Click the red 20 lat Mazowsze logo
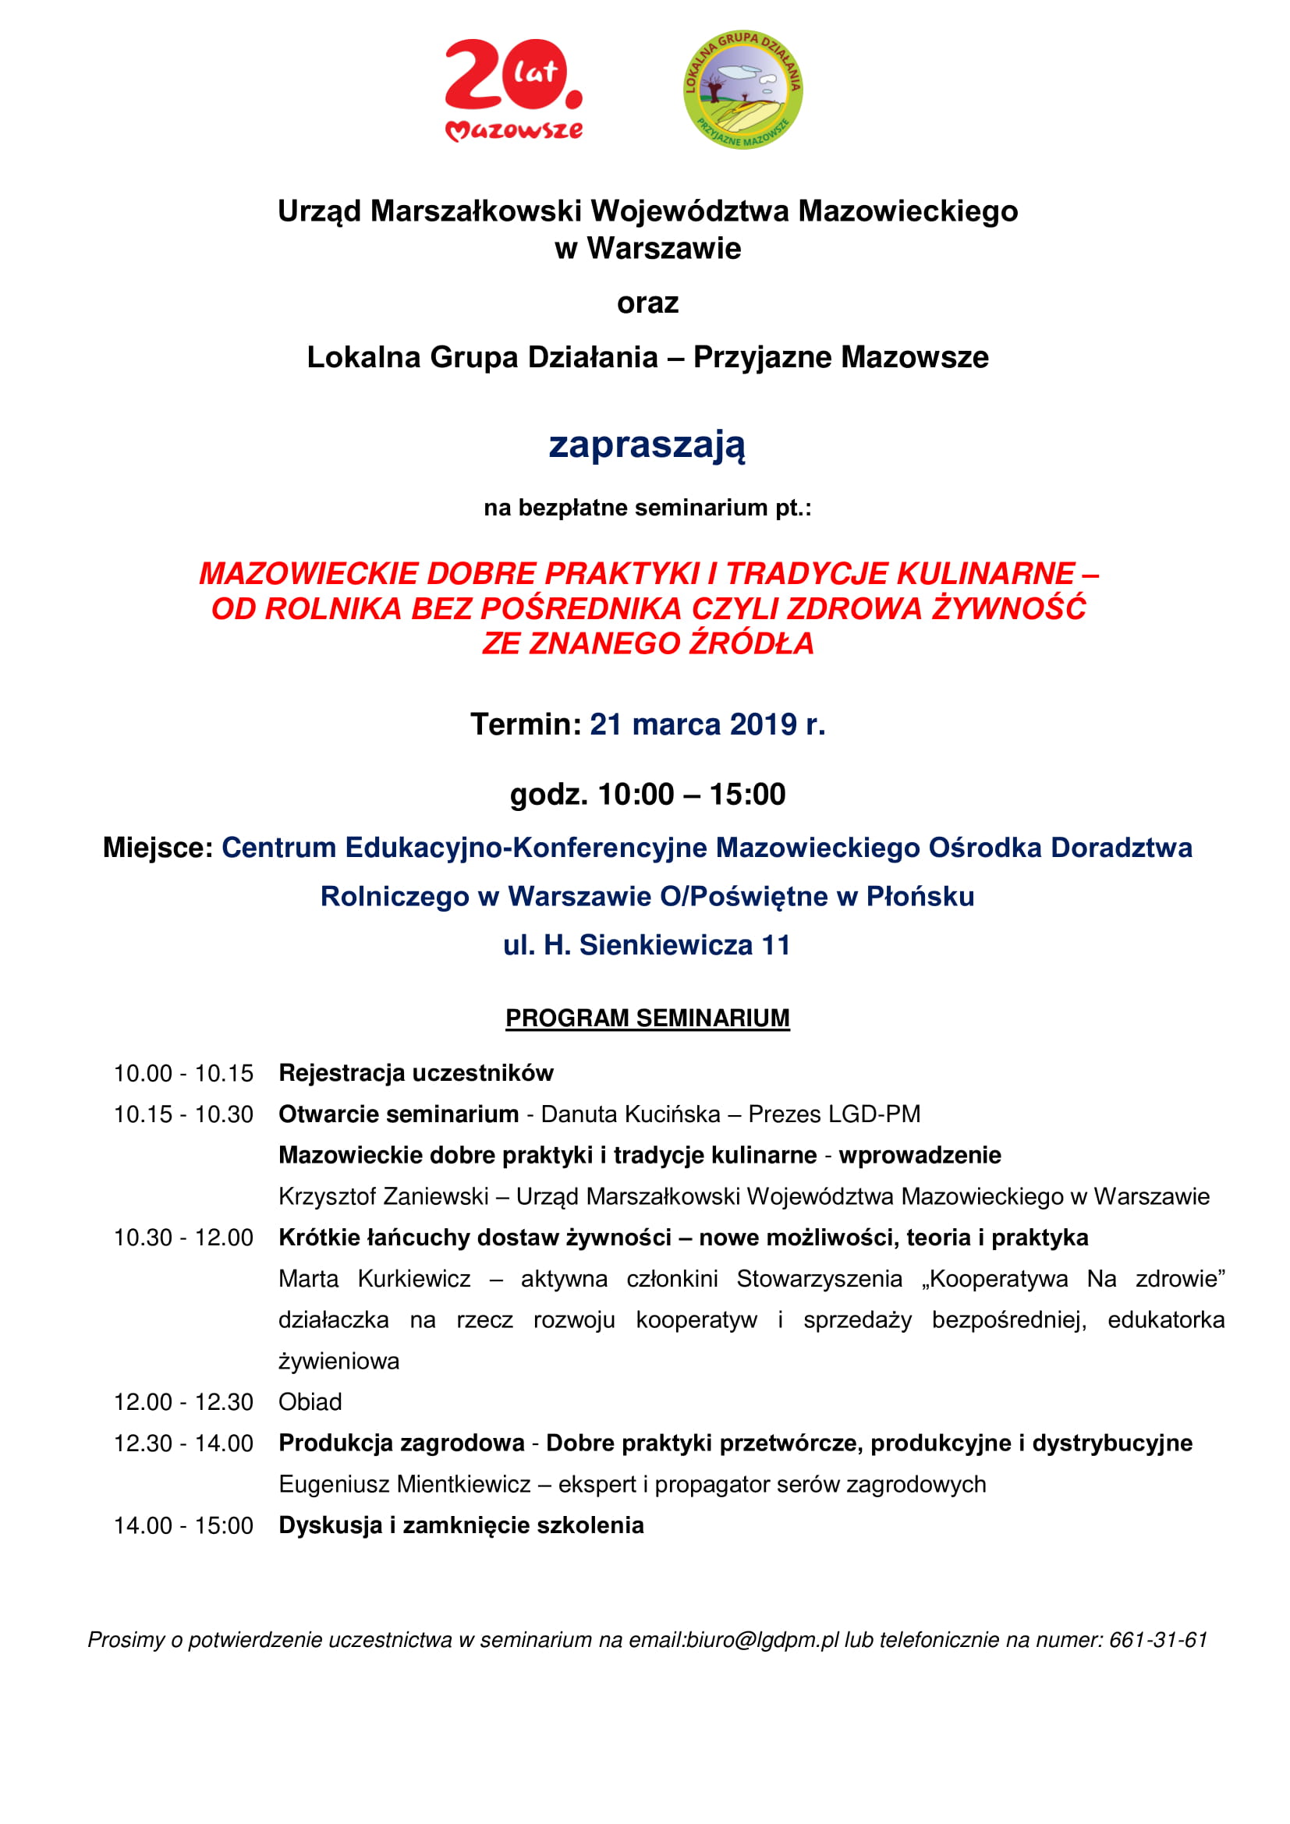tap(514, 90)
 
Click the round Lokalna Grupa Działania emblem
tap(742, 90)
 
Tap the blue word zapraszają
tap(647, 444)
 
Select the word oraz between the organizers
tap(647, 303)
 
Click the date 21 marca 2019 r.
tap(707, 724)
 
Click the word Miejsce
tap(158, 848)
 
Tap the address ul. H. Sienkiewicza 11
tap(647, 945)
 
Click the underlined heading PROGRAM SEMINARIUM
tap(647, 1018)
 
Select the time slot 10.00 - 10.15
tap(183, 1073)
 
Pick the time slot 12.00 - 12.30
tap(183, 1402)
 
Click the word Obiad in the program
tap(310, 1402)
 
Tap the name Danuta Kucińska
tap(630, 1114)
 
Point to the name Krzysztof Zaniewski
tap(383, 1196)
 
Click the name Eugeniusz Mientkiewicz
tap(404, 1484)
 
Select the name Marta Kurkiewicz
tap(374, 1279)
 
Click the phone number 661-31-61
tap(1158, 1640)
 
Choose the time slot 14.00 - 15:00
tap(183, 1525)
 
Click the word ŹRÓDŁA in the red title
tap(750, 643)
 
